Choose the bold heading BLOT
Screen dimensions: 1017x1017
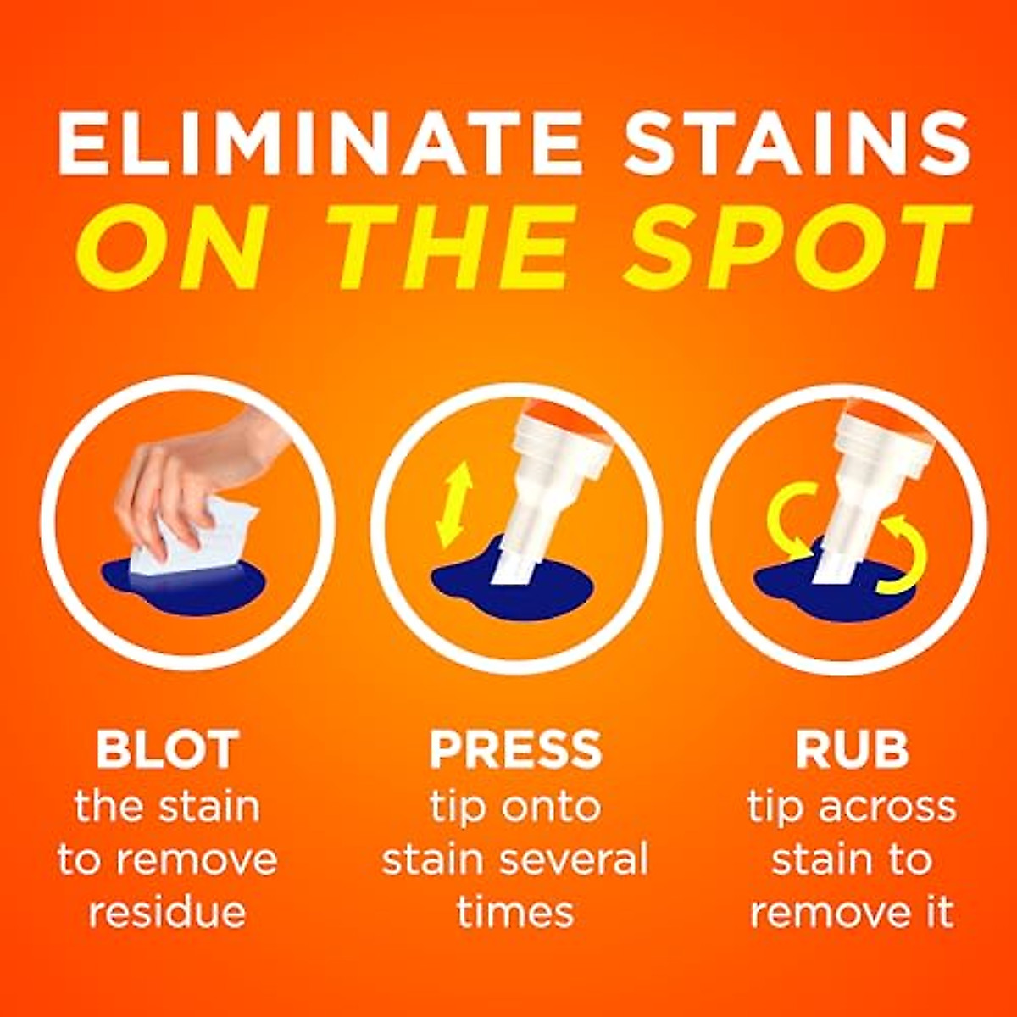point(167,749)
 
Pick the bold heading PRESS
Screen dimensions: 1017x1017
point(515,749)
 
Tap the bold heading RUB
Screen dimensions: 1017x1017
point(851,749)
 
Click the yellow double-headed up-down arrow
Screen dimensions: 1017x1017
point(453,505)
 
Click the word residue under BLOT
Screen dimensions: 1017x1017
point(167,914)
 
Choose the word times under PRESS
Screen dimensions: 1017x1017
point(515,914)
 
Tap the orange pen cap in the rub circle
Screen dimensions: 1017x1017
point(890,424)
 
